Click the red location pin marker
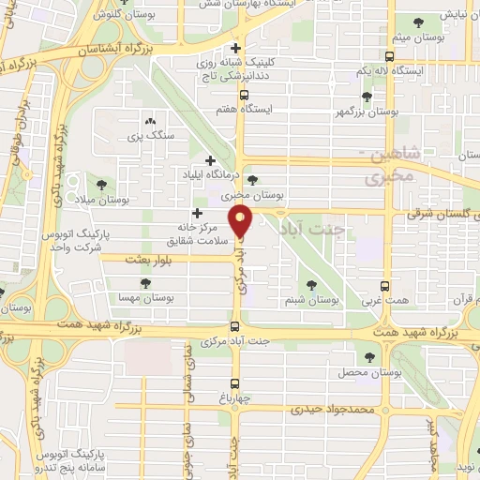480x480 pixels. click(x=243, y=221)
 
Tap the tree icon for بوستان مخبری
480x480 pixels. click(x=251, y=181)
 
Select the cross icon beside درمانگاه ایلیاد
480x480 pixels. click(x=211, y=160)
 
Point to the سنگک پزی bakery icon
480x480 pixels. click(x=150, y=121)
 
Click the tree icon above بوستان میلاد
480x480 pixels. click(x=101, y=183)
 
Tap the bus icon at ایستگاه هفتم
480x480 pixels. click(x=244, y=95)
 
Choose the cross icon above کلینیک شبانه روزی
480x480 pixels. click(x=236, y=47)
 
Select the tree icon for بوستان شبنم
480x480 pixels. click(x=311, y=286)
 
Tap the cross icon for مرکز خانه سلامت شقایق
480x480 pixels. click(x=195, y=214)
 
